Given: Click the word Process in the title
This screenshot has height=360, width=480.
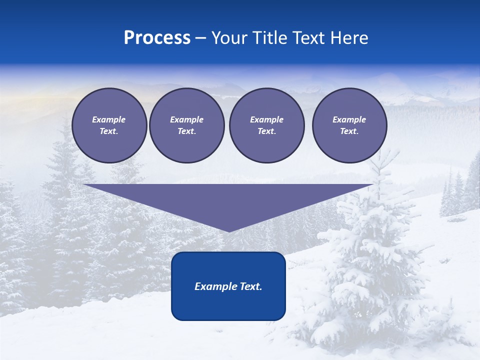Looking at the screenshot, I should (157, 38).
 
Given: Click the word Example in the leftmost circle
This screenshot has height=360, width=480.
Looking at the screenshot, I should (109, 119).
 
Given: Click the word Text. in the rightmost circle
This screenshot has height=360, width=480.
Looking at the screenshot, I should (349, 131).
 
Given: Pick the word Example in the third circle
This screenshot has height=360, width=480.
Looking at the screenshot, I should (266, 119).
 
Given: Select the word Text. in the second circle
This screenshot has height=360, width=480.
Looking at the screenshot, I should (187, 131).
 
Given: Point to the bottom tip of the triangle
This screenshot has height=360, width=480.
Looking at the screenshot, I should (228, 230).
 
